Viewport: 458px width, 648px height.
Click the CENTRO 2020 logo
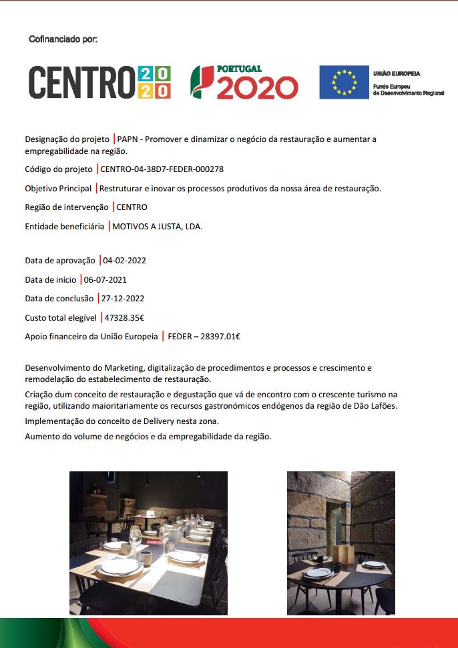point(99,83)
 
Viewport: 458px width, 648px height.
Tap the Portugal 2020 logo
point(244,82)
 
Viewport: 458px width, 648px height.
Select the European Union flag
point(343,82)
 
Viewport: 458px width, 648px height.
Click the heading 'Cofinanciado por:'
point(63,39)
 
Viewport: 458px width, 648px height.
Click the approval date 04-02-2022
point(125,260)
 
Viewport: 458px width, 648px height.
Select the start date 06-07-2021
point(105,279)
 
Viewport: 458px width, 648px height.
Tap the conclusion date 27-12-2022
point(123,298)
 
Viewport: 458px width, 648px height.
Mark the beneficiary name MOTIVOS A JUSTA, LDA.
point(157,226)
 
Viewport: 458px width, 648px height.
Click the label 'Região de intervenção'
point(67,207)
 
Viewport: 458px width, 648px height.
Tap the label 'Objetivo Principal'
point(58,189)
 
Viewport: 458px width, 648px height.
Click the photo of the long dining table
point(148,543)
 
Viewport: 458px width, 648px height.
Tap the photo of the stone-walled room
point(340,543)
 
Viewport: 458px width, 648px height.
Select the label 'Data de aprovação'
point(60,260)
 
